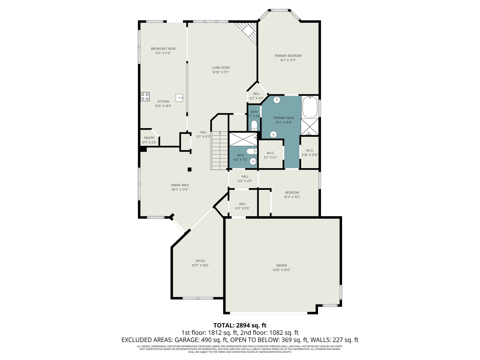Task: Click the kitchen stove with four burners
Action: point(145,97)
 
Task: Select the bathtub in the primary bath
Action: point(310,107)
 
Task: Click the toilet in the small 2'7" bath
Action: point(254,126)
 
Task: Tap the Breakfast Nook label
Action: point(163,49)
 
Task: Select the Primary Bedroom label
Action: point(288,56)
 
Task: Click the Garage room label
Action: point(282,265)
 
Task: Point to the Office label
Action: point(200,261)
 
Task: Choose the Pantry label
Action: point(149,138)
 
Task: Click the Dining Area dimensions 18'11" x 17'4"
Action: point(180,190)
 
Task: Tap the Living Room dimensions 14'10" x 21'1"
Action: point(220,72)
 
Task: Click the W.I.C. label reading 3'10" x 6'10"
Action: point(310,155)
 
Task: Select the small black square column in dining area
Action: point(190,169)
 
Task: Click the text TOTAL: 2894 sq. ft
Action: point(240,325)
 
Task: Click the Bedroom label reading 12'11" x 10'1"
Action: point(292,197)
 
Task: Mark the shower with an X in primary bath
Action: point(310,127)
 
